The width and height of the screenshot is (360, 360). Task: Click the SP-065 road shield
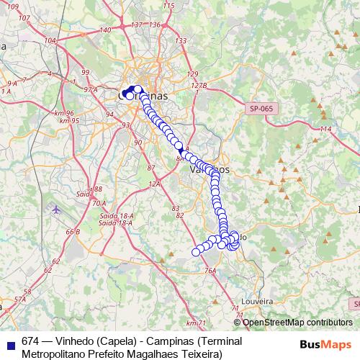pos(262,108)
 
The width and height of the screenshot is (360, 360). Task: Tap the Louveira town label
pos(259,300)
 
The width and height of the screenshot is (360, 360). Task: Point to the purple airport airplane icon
pos(57,210)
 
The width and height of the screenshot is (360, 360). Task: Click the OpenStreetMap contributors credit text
pos(297,323)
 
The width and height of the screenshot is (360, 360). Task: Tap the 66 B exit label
pos(73,232)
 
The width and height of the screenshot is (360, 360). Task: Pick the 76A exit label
pos(210,271)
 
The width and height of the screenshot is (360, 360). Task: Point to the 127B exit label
pos(199,86)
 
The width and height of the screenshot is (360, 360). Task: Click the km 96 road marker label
pos(64,114)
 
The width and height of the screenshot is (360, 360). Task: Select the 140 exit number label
pos(105,30)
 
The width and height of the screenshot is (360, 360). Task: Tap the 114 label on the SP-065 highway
pos(325,128)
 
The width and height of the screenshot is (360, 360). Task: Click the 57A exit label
pos(20,298)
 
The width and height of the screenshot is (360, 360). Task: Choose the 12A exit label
pos(153,184)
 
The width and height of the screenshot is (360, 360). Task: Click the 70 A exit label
pos(99,203)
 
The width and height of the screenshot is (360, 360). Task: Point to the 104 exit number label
pos(50,41)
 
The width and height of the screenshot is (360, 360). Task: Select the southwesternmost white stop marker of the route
pos(195,251)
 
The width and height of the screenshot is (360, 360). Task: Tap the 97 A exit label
pos(90,89)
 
